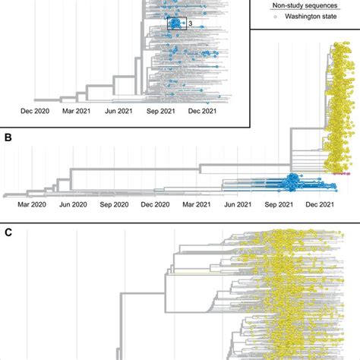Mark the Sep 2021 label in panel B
279,204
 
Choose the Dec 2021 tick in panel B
321,204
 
